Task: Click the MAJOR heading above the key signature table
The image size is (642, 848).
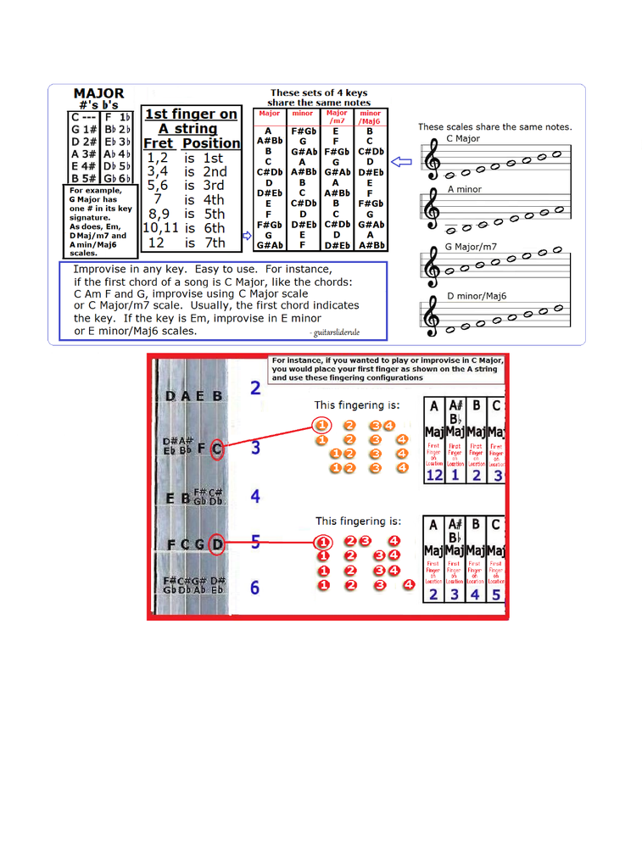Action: [x=98, y=94]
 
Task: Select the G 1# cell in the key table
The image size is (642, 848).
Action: [x=83, y=130]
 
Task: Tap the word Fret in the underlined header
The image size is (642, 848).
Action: [x=159, y=143]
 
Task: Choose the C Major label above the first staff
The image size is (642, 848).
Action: [x=463, y=138]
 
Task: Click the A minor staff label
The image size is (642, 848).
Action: [x=464, y=189]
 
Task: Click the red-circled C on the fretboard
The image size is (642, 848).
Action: [x=217, y=449]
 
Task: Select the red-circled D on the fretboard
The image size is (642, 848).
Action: [x=217, y=544]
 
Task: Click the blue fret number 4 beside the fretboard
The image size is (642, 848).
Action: [x=254, y=497]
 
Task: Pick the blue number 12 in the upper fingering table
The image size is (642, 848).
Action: [x=433, y=477]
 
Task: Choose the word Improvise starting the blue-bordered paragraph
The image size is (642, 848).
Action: [x=103, y=270]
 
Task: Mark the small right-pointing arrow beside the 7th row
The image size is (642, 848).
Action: [x=247, y=237]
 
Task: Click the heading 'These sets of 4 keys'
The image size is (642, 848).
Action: [x=319, y=92]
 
